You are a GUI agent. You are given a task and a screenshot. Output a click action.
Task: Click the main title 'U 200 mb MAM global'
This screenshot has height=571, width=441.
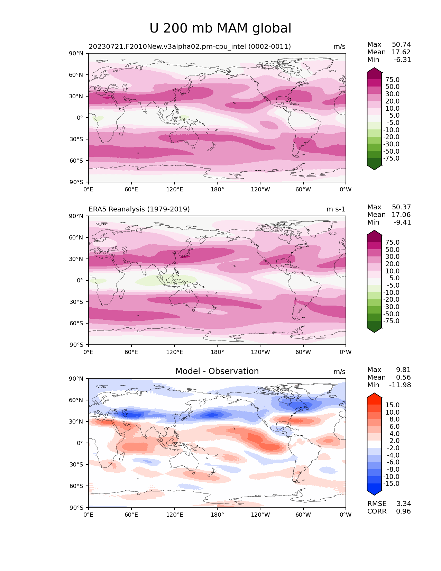220,28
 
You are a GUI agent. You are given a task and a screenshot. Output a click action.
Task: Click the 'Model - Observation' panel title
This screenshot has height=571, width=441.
217,371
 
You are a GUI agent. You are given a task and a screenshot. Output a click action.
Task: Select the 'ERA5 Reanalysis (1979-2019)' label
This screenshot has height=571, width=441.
139,209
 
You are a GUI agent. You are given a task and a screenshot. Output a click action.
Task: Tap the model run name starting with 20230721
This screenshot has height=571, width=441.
190,47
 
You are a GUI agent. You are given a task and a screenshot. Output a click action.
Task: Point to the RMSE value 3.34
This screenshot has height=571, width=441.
403,504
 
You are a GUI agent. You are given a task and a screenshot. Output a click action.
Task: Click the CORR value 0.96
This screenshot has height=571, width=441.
403,511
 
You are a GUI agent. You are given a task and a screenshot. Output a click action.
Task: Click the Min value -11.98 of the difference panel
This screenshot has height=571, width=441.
400,385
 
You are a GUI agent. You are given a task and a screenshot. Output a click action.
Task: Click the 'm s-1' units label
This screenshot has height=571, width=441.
336,209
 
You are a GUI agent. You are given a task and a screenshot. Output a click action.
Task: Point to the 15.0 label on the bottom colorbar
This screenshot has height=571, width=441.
392,405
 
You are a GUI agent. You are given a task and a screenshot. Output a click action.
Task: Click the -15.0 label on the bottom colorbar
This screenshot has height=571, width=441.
391,484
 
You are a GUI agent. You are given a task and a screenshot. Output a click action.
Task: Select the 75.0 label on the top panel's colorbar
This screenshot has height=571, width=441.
392,80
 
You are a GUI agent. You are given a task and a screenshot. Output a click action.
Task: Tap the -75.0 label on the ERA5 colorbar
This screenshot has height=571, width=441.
391,321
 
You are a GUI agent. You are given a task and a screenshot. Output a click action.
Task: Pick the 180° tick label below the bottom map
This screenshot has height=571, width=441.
217,515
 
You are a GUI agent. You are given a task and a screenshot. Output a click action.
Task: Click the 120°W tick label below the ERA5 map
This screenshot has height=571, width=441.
260,352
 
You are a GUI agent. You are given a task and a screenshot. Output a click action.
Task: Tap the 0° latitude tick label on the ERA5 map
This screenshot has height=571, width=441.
80,280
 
